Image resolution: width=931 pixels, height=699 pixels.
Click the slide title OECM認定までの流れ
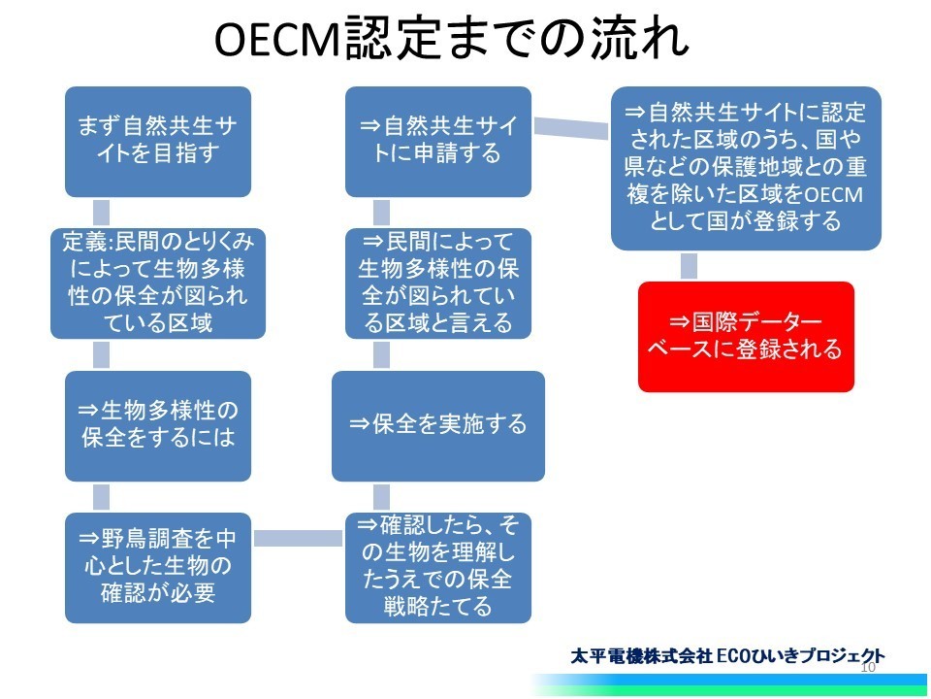[x=451, y=38]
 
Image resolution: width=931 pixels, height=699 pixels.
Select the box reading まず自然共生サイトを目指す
[x=158, y=142]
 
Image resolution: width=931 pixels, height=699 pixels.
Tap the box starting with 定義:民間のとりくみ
[x=158, y=283]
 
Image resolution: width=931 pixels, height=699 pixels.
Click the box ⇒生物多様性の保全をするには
[x=158, y=425]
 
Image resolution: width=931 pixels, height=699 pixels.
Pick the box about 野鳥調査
[x=158, y=568]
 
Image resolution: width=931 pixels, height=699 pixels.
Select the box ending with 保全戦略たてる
[x=438, y=568]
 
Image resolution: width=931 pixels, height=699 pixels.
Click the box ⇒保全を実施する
[x=438, y=425]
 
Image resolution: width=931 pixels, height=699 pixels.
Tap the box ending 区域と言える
[x=438, y=283]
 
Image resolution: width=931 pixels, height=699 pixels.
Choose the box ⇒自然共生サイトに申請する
[x=438, y=142]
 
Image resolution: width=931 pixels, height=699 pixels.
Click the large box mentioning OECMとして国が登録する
[x=746, y=168]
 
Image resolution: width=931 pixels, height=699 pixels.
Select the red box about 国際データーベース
[x=746, y=337]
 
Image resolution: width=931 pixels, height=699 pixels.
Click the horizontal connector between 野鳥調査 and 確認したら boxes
[x=298, y=538]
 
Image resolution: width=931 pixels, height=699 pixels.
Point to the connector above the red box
[x=689, y=266]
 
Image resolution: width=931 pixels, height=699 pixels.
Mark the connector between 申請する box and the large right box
[x=571, y=128]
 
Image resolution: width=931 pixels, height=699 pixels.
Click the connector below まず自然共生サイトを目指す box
[x=102, y=213]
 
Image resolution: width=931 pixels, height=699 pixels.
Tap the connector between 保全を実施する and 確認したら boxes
[x=382, y=497]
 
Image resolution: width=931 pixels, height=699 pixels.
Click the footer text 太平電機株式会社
[x=641, y=656]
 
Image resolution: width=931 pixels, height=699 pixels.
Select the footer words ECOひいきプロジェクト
[x=800, y=656]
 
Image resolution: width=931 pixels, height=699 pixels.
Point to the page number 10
[x=868, y=667]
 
